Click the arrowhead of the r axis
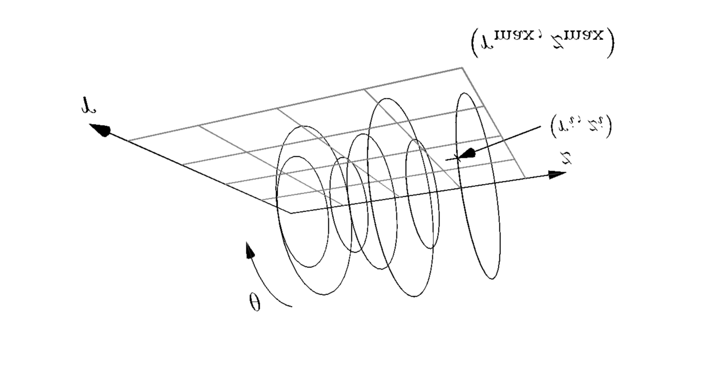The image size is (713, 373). click(101, 130)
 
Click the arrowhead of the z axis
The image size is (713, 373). click(557, 175)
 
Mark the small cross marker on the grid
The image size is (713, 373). click(457, 158)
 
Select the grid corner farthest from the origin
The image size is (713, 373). click(463, 67)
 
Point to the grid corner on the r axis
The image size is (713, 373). click(128, 140)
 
